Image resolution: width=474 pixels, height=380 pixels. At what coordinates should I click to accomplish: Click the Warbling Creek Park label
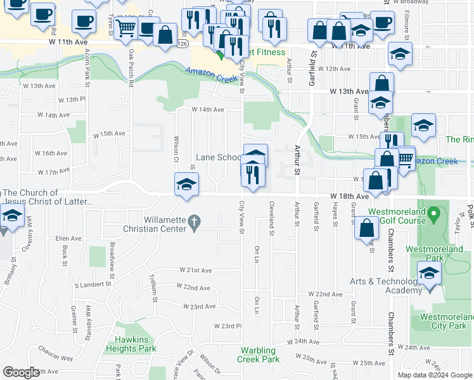(x=259, y=355)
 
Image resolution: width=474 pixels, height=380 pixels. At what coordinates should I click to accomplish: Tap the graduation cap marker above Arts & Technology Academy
(x=429, y=274)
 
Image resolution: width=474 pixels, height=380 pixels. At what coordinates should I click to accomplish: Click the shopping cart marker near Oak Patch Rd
(x=126, y=27)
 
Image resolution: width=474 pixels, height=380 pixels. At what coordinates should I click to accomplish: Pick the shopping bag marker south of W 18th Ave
(x=366, y=229)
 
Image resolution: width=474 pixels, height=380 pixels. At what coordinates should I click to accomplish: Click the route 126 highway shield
(x=183, y=43)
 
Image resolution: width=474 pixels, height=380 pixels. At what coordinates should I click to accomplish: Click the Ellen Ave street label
(x=69, y=239)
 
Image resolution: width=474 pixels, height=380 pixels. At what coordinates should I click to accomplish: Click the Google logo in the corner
(x=21, y=372)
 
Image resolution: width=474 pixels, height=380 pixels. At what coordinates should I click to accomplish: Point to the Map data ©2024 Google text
(x=434, y=375)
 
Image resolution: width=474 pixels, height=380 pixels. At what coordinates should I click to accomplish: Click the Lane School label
(x=218, y=157)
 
